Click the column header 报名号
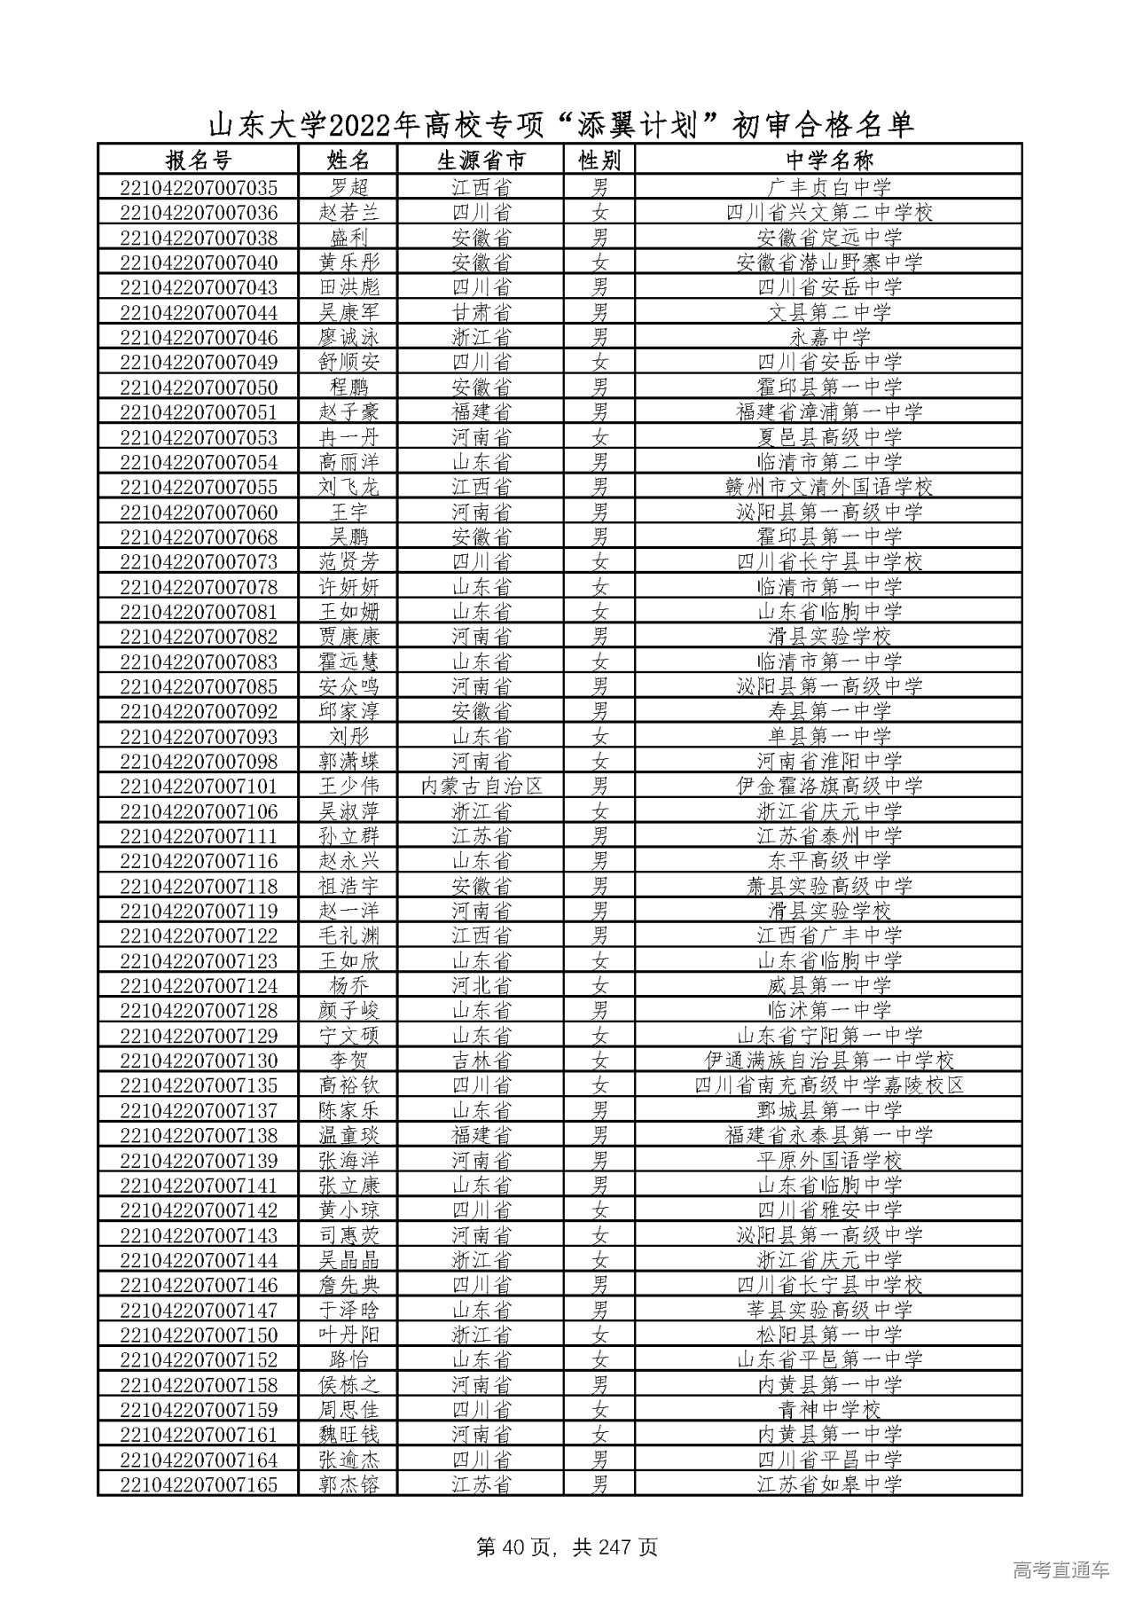click(x=198, y=160)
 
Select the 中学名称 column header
click(x=829, y=160)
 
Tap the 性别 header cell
click(x=600, y=160)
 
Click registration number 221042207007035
click(x=198, y=188)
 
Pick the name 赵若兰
click(x=348, y=213)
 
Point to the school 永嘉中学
click(x=829, y=337)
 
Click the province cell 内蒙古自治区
click(x=481, y=786)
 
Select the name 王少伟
click(x=348, y=786)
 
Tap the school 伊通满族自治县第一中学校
click(x=829, y=1061)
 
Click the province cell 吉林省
click(x=481, y=1061)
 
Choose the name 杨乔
click(x=348, y=985)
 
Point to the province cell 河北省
click(x=481, y=985)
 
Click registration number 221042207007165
click(x=198, y=1484)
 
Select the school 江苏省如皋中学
click(x=829, y=1484)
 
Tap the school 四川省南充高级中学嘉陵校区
click(x=829, y=1085)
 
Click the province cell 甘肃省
click(x=481, y=312)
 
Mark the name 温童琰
click(x=348, y=1135)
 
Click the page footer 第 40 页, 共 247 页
click(x=567, y=1548)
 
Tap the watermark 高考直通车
click(x=1060, y=1570)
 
